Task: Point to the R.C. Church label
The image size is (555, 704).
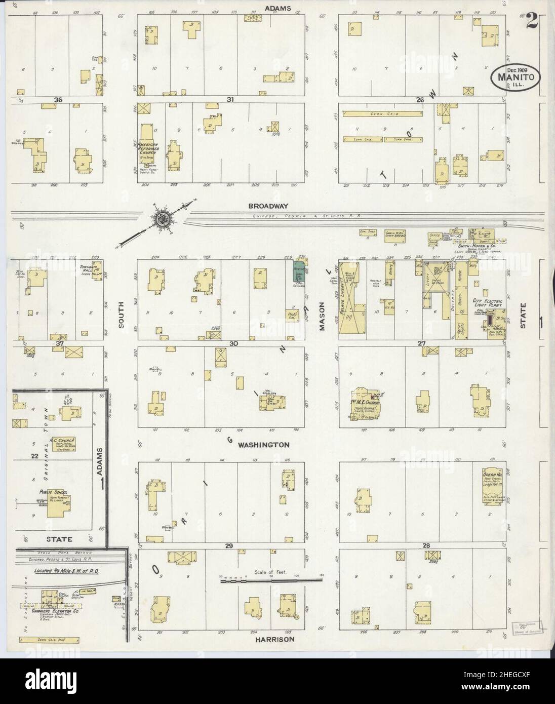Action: tap(62, 440)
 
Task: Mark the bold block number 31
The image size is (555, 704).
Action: tap(230, 100)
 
